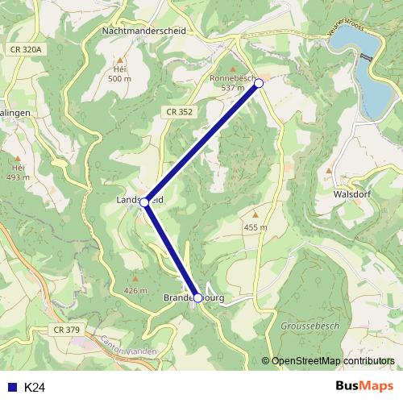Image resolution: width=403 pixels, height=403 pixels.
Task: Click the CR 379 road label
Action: pyautogui.click(x=67, y=329)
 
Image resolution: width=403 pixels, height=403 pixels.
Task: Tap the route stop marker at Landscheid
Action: pyautogui.click(x=144, y=203)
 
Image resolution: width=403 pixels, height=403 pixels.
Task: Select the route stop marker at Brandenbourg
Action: pyautogui.click(x=198, y=297)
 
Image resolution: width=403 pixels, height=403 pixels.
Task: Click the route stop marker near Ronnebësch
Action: pyautogui.click(x=259, y=83)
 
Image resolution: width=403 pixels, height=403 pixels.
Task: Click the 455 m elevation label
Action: pyautogui.click(x=256, y=228)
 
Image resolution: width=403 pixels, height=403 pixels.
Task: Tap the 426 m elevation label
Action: pyautogui.click(x=136, y=290)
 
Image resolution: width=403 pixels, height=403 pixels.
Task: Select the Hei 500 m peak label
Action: pyautogui.click(x=119, y=73)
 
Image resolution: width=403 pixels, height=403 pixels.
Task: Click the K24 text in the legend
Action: pyautogui.click(x=35, y=388)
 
